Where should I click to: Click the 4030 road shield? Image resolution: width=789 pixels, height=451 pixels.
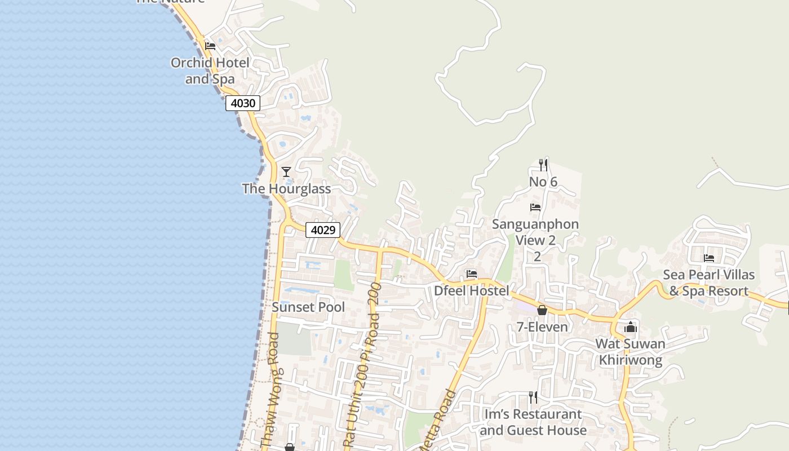point(243,103)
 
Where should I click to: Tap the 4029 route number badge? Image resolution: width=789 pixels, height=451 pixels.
point(323,230)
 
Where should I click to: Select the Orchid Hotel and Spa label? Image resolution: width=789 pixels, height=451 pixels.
point(210,70)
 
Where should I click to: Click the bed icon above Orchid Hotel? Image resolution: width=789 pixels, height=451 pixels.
point(210,46)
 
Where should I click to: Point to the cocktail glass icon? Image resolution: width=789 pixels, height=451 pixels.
point(286,171)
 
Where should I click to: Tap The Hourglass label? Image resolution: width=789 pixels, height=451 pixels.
point(286,188)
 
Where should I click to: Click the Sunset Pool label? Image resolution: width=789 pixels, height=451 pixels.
point(308,307)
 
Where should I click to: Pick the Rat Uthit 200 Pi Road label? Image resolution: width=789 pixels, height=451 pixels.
point(362,366)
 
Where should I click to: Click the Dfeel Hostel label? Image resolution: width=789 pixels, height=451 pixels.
point(471,291)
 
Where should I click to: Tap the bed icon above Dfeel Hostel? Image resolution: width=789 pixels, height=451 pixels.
point(472,274)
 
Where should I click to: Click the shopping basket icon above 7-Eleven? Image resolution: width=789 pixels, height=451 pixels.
point(542,310)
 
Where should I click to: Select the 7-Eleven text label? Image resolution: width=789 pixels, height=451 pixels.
point(542,327)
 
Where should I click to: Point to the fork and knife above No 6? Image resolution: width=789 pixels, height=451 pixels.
point(543,165)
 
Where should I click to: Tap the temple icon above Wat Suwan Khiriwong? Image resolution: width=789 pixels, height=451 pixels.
point(631,327)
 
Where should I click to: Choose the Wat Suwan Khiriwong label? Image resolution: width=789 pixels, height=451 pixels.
point(631,352)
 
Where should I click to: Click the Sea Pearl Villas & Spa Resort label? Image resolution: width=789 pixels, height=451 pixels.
point(708,283)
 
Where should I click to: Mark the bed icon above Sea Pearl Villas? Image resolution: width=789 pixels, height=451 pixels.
point(709,258)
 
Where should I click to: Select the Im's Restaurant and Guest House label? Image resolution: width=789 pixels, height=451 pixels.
point(533,422)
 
